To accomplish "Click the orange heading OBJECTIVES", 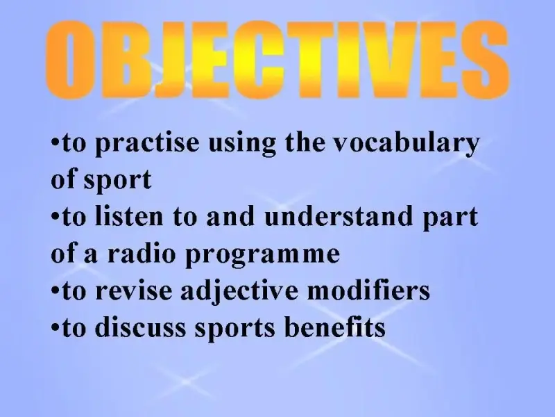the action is point(277,60).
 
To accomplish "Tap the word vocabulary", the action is point(407,144).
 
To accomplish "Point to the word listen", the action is point(129,216).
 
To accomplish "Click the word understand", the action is point(339,216).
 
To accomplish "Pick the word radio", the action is point(142,253).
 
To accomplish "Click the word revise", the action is point(134,291).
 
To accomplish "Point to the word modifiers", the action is point(368,290).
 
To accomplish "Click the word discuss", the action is point(141,327).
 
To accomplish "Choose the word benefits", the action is point(335,326).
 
